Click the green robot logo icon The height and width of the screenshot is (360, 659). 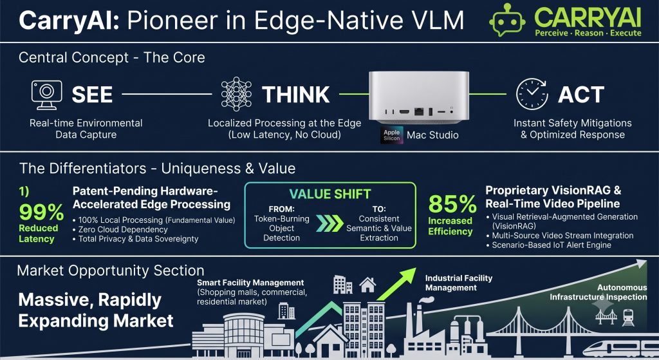click(x=507, y=20)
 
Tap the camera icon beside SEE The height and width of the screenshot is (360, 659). click(x=46, y=95)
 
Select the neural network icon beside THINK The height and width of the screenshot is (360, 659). click(x=236, y=94)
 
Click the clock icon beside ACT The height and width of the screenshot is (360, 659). click(x=532, y=94)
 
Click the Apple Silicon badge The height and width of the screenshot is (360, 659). click(x=392, y=135)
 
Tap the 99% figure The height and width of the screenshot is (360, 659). click(x=41, y=211)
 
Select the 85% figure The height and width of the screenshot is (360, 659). click(x=452, y=204)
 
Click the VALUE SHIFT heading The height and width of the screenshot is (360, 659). click(x=330, y=194)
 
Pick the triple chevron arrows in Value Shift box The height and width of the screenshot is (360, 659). click(x=329, y=223)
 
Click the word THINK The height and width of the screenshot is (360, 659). click(x=296, y=95)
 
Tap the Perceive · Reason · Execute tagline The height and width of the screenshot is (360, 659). click(x=588, y=33)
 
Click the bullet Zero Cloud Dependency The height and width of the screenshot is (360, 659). click(x=123, y=229)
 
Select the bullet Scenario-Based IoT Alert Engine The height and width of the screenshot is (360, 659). click(x=549, y=245)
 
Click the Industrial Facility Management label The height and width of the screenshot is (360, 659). click(x=458, y=283)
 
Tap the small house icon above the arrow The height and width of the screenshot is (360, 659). click(x=367, y=285)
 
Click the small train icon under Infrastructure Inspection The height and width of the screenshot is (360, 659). click(x=628, y=317)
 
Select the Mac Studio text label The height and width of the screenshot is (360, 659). click(x=432, y=135)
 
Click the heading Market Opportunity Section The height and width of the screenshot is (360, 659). click(x=111, y=270)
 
